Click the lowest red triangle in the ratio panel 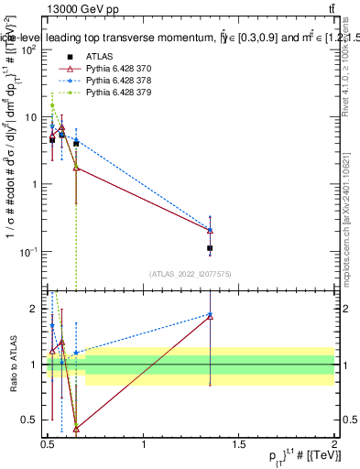[x=76, y=428]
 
